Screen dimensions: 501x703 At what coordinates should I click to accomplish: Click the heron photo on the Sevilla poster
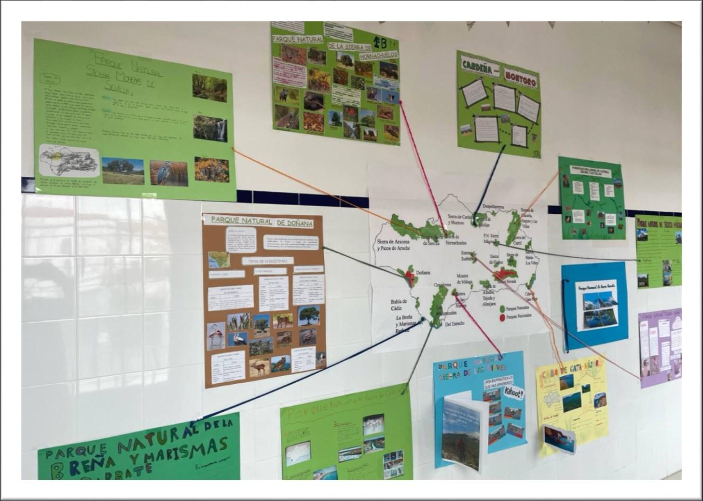tap(168, 173)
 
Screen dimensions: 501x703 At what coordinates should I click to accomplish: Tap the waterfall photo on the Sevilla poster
tap(210, 127)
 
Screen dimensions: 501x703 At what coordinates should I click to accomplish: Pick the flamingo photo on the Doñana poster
tap(215, 335)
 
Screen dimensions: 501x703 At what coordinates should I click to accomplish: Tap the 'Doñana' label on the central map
tap(423, 273)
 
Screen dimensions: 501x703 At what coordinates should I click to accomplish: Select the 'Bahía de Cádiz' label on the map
tap(399, 305)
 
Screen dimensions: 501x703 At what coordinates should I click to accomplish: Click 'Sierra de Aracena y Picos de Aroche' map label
tap(393, 244)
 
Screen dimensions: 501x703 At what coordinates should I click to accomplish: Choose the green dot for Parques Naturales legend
tap(502, 308)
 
